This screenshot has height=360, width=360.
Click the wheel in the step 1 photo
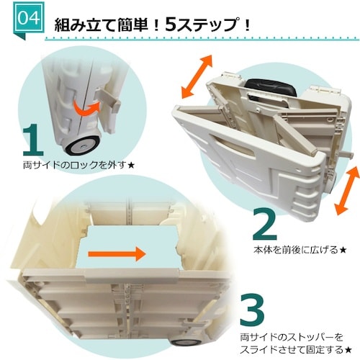tap(81, 145)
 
